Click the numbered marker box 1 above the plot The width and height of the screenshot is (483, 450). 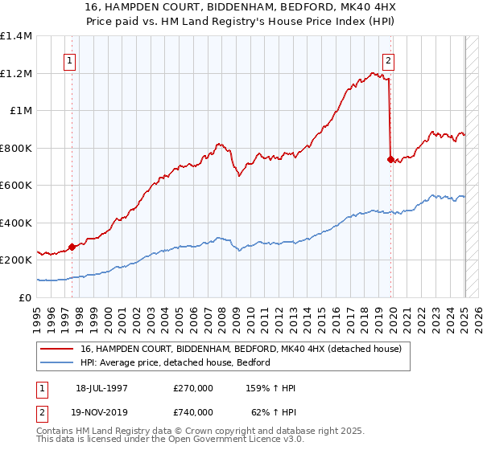click(71, 59)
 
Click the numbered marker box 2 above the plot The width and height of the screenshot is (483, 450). click(389, 59)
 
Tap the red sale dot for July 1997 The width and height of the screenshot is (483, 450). click(72, 247)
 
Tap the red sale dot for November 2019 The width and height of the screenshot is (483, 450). click(391, 160)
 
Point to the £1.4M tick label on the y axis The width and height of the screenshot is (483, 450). click(16, 36)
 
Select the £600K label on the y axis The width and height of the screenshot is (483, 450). click(16, 186)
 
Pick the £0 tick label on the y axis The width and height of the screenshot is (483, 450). click(26, 297)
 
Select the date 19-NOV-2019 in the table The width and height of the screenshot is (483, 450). click(107, 412)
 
